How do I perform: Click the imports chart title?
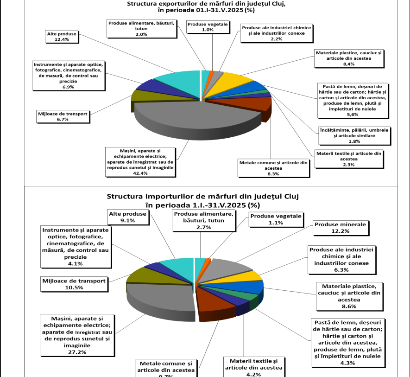[x=203, y=200]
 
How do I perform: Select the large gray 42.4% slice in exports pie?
[x=185, y=114]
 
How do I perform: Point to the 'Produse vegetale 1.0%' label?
[x=208, y=27]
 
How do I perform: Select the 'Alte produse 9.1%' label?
[x=128, y=217]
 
